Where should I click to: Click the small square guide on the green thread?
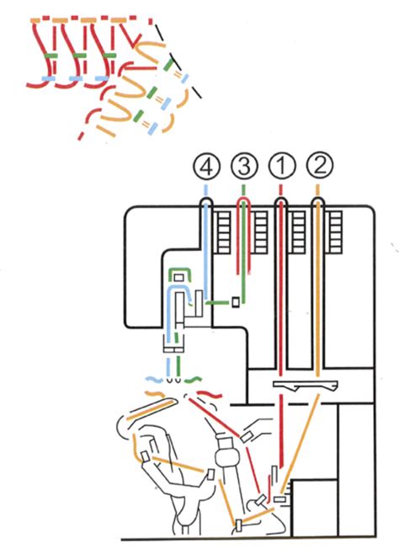tap(237, 302)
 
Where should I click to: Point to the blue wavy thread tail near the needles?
tap(153, 381)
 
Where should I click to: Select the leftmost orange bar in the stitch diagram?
tap(37, 19)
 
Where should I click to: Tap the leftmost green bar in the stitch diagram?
tap(52, 56)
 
